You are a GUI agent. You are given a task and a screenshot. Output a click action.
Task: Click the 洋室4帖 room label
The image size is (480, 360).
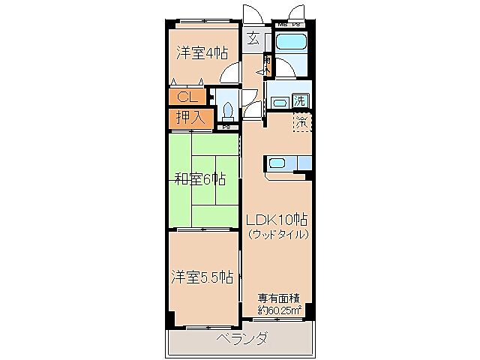(202, 52)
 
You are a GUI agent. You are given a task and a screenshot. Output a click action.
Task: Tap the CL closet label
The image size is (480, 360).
(187, 96)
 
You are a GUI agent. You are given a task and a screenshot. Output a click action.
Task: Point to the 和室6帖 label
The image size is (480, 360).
(200, 178)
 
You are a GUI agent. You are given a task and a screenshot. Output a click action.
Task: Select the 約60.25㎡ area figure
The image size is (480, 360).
(279, 309)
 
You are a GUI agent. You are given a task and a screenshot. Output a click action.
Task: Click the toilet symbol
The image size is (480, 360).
(228, 111)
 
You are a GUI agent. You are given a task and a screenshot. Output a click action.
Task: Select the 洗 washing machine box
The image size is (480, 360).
(299, 100)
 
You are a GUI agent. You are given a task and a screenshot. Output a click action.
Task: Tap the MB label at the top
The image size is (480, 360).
(283, 24)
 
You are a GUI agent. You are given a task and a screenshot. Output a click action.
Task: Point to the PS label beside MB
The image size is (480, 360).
(295, 24)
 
